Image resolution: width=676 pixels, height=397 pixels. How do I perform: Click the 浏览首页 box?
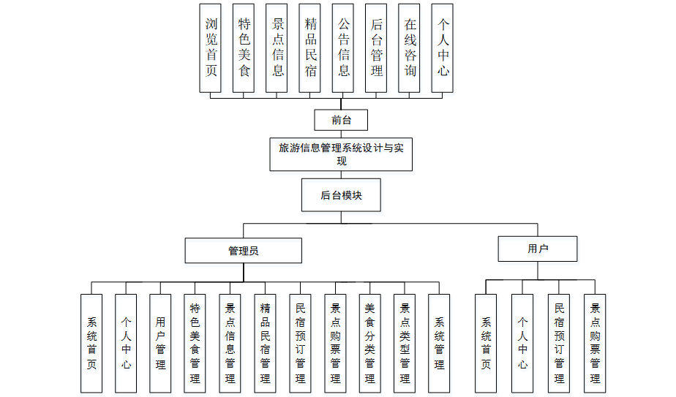click(x=211, y=48)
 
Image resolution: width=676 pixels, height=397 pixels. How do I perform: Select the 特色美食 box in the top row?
click(x=244, y=48)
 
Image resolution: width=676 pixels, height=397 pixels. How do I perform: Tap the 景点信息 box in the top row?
click(x=277, y=48)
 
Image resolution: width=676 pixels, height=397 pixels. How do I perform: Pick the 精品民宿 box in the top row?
click(x=310, y=48)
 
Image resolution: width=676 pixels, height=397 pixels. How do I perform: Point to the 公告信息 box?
click(x=343, y=48)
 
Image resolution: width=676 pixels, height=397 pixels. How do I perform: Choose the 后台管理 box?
click(x=376, y=48)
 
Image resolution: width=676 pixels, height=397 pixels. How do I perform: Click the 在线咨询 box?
click(x=410, y=48)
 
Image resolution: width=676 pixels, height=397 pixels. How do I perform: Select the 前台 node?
click(x=339, y=121)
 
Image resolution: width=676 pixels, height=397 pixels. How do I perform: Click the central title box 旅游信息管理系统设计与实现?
click(x=339, y=154)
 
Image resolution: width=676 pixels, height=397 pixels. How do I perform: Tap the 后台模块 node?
click(x=341, y=195)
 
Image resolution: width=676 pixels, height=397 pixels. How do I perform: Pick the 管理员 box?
click(x=243, y=251)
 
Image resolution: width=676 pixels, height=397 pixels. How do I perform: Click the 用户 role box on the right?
click(x=538, y=249)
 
